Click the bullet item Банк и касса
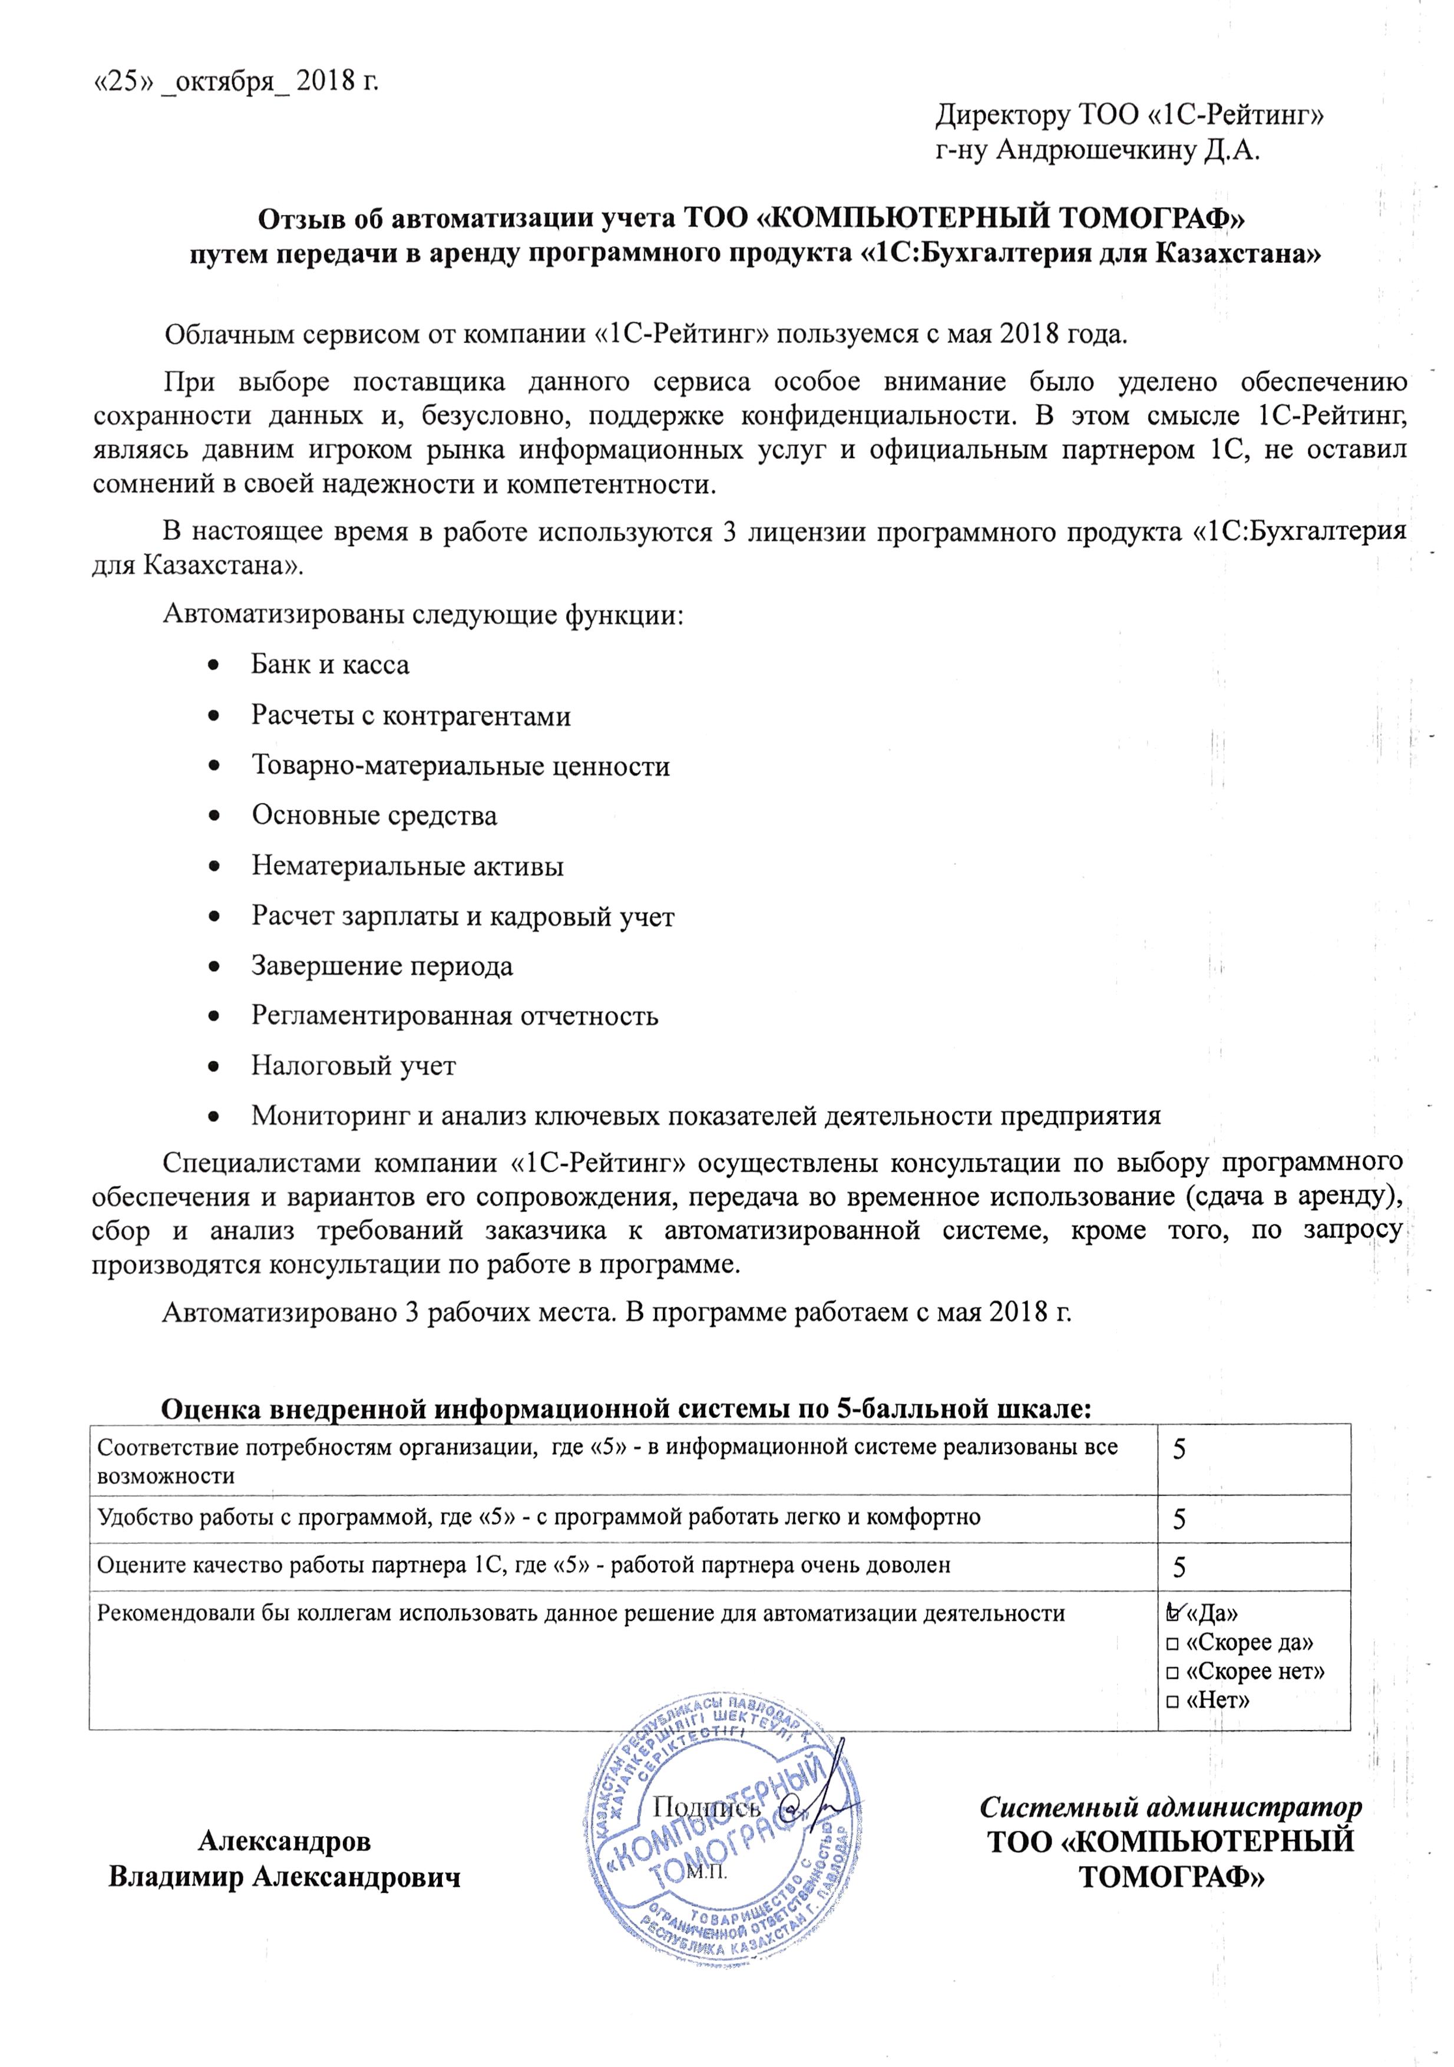(x=329, y=665)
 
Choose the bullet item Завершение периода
(x=382, y=966)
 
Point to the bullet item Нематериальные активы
(x=407, y=866)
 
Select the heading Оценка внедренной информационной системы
(x=626, y=1410)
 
